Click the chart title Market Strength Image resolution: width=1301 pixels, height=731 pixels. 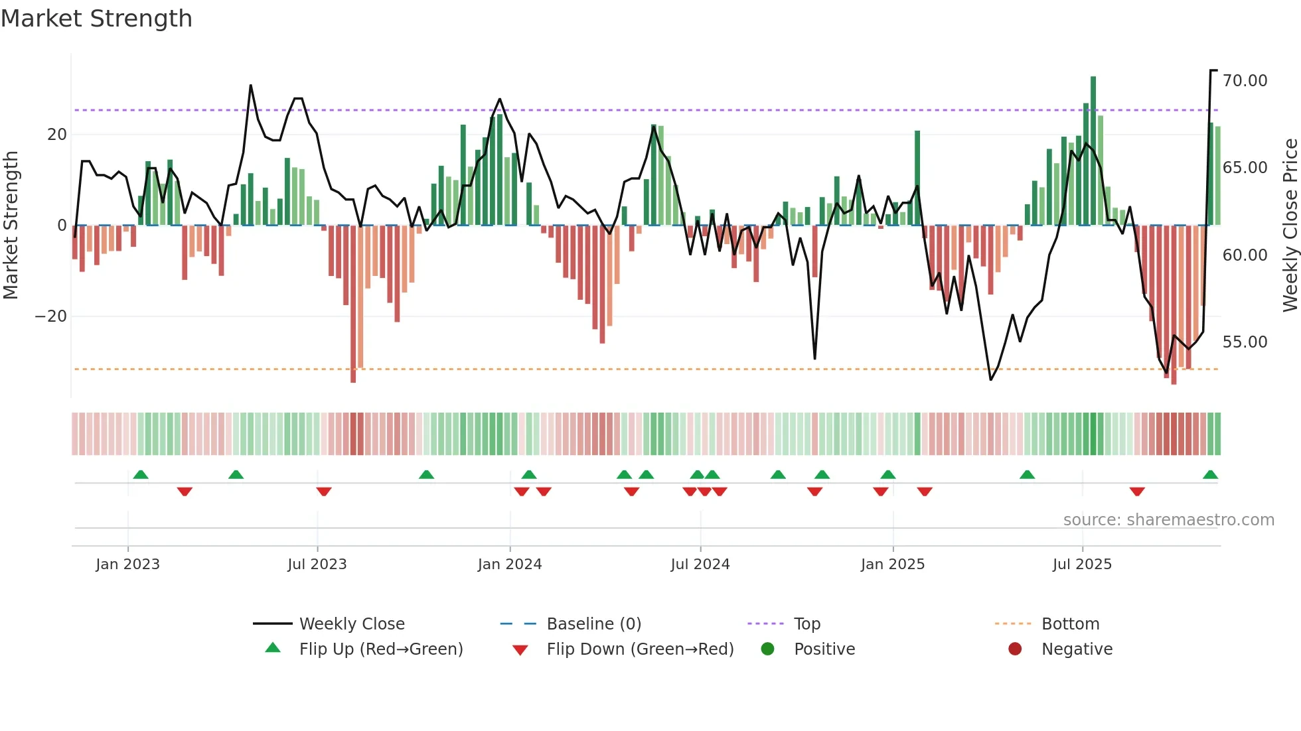[96, 19]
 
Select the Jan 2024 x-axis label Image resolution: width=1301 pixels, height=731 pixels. [509, 565]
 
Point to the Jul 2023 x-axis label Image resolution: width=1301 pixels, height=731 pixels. [317, 565]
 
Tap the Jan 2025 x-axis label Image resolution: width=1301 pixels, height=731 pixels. [892, 565]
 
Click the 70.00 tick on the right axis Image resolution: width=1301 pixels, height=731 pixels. [1245, 81]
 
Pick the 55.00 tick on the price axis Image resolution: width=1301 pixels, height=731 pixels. [1245, 342]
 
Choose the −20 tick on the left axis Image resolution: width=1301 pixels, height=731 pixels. [50, 316]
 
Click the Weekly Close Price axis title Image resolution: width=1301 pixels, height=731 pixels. [1290, 226]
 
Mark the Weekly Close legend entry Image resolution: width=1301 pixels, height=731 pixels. [351, 624]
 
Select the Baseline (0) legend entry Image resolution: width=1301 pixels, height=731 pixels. [593, 624]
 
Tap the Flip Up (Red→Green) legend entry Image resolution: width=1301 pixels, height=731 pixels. [380, 649]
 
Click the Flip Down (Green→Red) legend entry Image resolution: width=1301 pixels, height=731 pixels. [640, 649]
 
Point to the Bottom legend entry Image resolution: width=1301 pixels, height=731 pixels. [1070, 624]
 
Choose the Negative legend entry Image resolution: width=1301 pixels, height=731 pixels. [1076, 649]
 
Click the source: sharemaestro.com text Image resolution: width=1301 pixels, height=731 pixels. [1168, 520]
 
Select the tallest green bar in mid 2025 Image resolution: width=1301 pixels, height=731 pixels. [1093, 151]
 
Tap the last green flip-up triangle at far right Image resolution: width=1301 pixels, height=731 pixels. [1210, 475]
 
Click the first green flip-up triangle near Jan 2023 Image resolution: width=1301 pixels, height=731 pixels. [141, 475]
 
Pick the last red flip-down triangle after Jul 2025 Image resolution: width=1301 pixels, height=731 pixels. [1137, 492]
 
